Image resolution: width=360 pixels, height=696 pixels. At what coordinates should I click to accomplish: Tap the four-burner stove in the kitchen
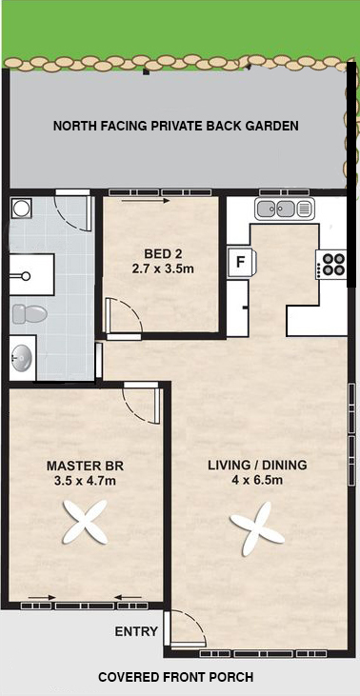click(x=331, y=265)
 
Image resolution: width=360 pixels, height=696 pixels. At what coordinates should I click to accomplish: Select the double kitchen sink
click(x=285, y=209)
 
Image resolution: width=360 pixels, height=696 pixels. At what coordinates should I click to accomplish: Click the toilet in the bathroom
click(x=30, y=314)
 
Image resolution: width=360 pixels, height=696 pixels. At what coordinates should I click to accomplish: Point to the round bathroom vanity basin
click(x=22, y=358)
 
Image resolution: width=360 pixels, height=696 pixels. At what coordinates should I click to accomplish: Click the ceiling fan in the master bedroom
click(x=85, y=523)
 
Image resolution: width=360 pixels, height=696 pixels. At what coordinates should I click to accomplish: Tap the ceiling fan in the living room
click(x=257, y=529)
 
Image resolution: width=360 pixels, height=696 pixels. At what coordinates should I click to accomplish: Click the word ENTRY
click(x=136, y=630)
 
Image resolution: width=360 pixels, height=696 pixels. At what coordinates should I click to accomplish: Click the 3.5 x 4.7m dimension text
click(x=85, y=480)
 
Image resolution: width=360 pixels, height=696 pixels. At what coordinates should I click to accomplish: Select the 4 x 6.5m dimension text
click(x=257, y=480)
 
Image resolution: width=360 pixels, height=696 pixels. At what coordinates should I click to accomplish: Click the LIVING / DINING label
click(x=257, y=466)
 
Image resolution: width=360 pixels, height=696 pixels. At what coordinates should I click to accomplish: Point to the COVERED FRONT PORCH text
click(x=176, y=677)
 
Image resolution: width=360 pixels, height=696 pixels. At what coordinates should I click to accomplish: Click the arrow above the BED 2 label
click(x=146, y=201)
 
